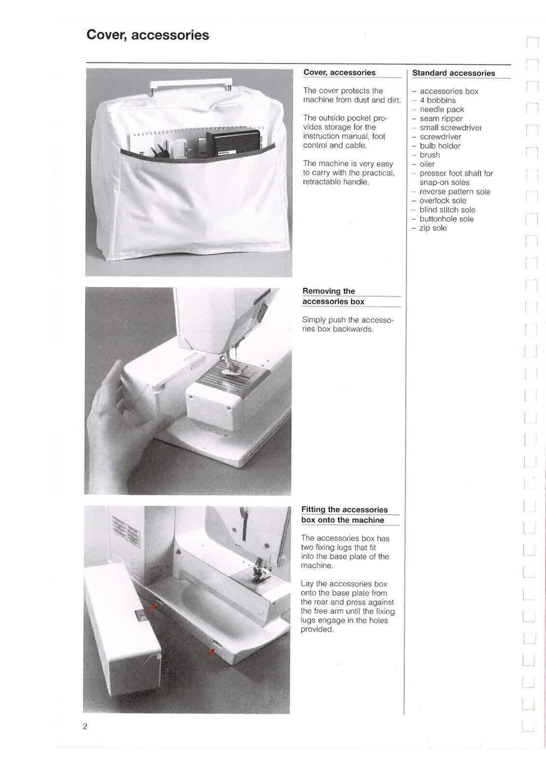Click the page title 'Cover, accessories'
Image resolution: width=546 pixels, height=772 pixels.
[148, 35]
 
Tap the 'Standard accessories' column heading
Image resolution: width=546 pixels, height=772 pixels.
[453, 73]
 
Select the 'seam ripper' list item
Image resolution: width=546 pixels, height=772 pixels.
[441, 118]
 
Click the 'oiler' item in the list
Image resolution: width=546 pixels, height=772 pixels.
[427, 164]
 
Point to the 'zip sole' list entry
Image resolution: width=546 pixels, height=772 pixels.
[433, 228]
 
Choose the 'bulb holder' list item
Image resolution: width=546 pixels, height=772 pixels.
[440, 146]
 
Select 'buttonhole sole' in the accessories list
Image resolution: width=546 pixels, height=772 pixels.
[446, 219]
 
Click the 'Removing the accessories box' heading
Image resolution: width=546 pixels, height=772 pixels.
[333, 296]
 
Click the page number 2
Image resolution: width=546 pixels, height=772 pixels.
[85, 726]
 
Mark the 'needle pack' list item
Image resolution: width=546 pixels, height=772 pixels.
[441, 109]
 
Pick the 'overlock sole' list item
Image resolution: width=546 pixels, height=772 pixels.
[443, 201]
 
